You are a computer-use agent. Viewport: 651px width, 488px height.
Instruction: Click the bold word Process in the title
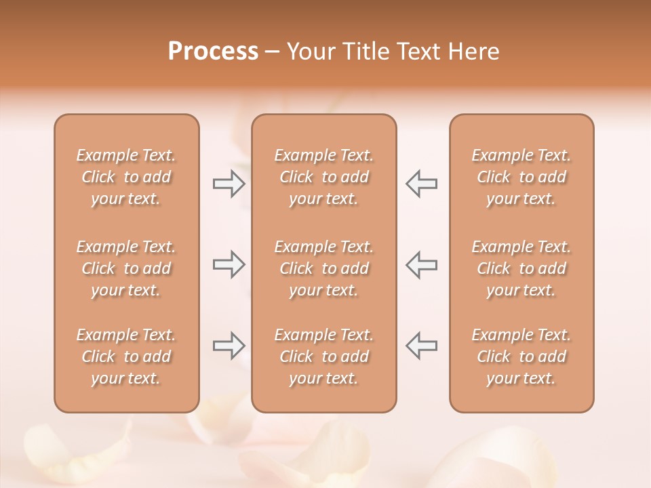tap(213, 52)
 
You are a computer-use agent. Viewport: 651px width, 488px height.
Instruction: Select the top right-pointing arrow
tap(229, 184)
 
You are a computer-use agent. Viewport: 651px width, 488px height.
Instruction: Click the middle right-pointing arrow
tap(229, 264)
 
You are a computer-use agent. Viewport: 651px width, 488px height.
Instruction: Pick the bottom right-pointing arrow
tap(229, 346)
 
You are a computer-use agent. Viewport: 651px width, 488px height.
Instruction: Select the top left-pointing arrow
tap(421, 184)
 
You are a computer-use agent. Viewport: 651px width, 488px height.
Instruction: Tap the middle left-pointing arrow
tap(421, 264)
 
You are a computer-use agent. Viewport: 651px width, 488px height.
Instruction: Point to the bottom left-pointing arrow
tap(421, 346)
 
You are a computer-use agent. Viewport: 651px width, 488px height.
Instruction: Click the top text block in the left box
tap(126, 177)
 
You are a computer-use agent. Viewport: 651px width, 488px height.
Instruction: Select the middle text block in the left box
tap(126, 268)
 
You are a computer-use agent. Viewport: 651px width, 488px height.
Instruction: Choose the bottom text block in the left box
tap(126, 357)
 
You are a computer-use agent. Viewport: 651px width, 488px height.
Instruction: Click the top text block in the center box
tap(323, 177)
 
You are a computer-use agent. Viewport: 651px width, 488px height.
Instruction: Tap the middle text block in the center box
tap(323, 268)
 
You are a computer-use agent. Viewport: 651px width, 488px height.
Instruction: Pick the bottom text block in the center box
tap(323, 357)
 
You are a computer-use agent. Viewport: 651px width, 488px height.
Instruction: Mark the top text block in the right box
tap(521, 177)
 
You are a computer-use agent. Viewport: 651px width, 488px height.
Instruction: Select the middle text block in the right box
tap(521, 268)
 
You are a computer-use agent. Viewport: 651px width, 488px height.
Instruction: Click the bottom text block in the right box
tap(521, 357)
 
